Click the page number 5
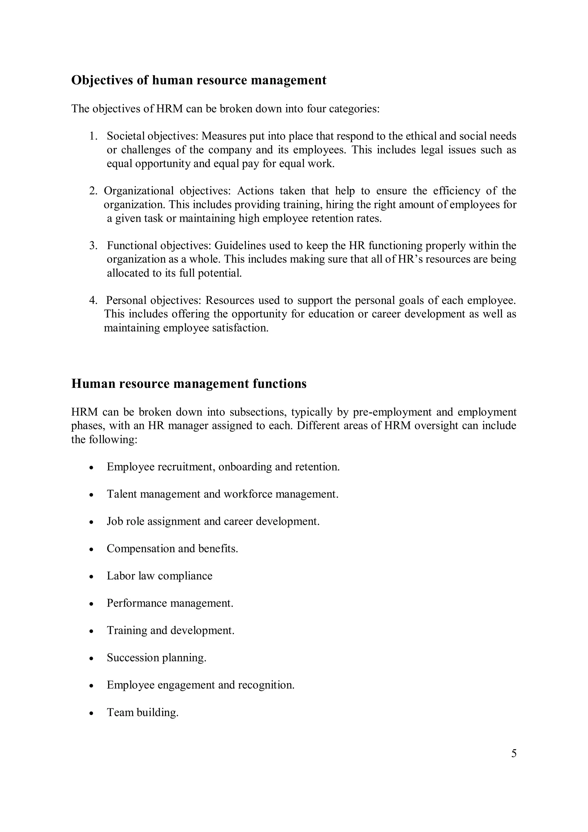pyautogui.click(x=513, y=753)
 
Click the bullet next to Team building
pyautogui.click(x=92, y=713)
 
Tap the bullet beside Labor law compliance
pyautogui.click(x=92, y=576)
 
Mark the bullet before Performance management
pyautogui.click(x=92, y=604)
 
